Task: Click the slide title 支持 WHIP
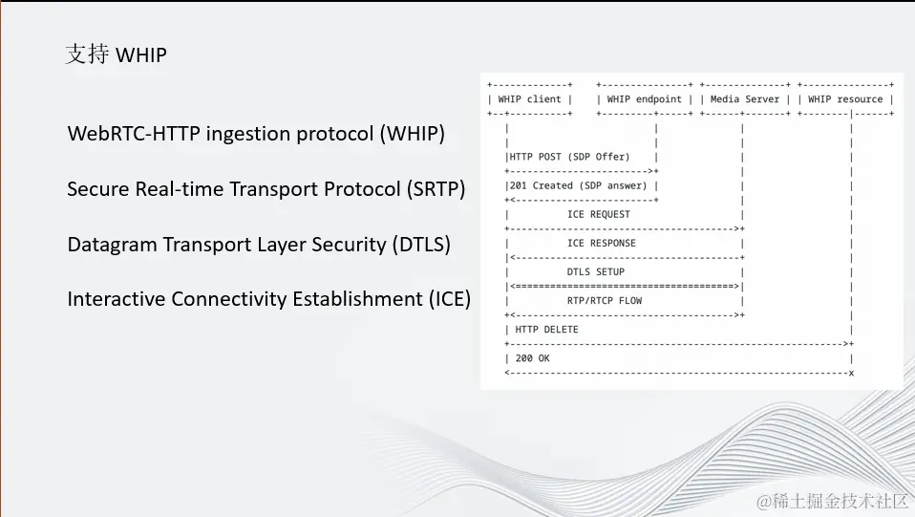(x=117, y=54)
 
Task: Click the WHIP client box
(x=530, y=99)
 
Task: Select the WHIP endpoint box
(x=645, y=99)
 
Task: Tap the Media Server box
(x=745, y=99)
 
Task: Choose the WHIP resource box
(x=845, y=99)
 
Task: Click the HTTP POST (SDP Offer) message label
(x=570, y=157)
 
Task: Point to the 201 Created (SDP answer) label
(x=578, y=185)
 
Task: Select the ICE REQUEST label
(x=599, y=214)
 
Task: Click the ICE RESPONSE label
(x=602, y=243)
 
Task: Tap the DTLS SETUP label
(x=596, y=271)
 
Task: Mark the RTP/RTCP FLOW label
(x=605, y=301)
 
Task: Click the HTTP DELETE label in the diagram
(x=546, y=330)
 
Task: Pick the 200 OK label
(x=532, y=358)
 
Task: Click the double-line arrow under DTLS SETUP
(x=625, y=287)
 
